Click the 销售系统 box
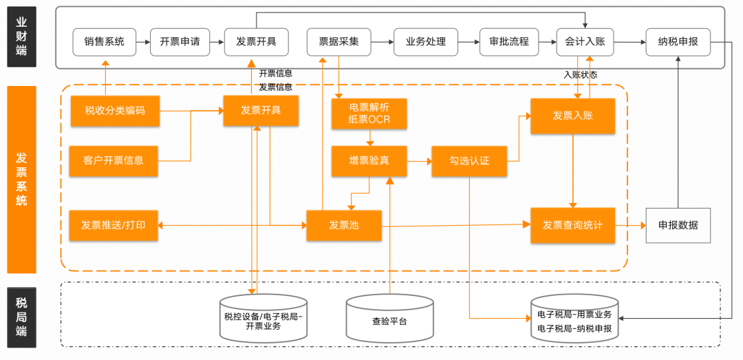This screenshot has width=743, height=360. pos(105,42)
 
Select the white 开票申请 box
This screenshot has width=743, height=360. pos(180,42)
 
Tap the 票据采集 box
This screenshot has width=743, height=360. pos(338,42)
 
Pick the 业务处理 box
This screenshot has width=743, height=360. pos(426,42)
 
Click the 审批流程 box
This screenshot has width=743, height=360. pos(509,42)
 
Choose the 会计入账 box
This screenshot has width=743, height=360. pos(585,42)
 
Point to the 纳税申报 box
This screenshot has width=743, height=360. pos(678,42)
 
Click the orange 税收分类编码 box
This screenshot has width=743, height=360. pos(115,111)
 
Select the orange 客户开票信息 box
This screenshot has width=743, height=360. pos(115,161)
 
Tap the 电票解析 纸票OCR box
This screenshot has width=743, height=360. pos(369,114)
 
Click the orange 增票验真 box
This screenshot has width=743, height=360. pos(369,161)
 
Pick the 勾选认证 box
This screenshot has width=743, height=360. pos(469,161)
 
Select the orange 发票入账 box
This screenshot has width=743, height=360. pos(572,116)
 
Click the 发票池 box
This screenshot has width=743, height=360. pos(344,225)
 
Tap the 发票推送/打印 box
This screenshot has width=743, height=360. pos(115,225)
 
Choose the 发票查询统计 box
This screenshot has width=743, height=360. pos(572,225)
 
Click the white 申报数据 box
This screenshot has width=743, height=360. pos(678,225)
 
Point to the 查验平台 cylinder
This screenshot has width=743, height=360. pos(389,318)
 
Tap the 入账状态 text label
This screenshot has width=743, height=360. pos(581,75)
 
